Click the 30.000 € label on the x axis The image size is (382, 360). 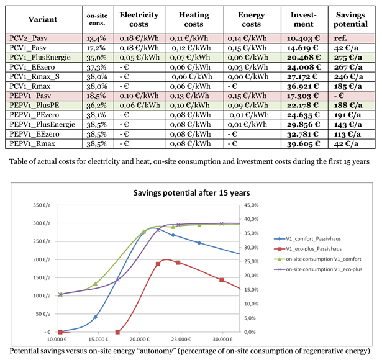pos(222,340)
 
